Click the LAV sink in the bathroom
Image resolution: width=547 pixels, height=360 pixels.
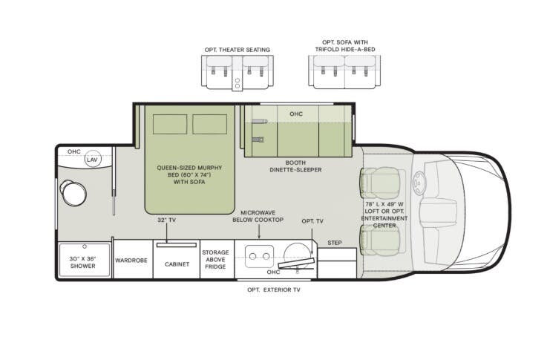(92, 160)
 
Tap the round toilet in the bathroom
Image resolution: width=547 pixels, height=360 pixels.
(73, 194)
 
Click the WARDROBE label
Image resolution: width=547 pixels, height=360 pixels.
(133, 261)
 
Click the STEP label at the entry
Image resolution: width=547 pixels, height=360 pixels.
(334, 242)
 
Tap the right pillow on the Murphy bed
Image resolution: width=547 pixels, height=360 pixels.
(209, 124)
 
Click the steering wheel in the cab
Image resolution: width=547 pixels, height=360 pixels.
(420, 180)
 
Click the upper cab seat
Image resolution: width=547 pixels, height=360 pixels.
(374, 181)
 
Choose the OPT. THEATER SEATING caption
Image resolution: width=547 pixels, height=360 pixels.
(238, 50)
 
